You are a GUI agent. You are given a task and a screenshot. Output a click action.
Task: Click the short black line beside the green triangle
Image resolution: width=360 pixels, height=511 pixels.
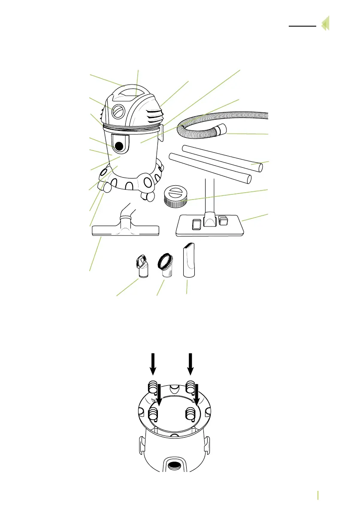[x=302, y=26]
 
